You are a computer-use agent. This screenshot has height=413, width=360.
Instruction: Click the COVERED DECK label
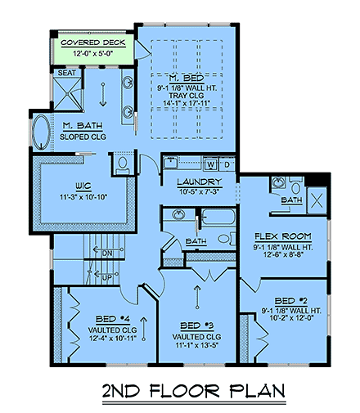(93, 43)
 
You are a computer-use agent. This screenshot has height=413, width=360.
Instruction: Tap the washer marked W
(210, 164)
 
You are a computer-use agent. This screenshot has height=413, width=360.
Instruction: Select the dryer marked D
(227, 164)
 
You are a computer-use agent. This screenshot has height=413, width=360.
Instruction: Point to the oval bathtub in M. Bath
(41, 132)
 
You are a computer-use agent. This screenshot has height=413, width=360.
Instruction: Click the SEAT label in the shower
(67, 73)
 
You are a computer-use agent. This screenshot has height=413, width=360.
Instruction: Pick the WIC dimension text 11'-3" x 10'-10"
(83, 197)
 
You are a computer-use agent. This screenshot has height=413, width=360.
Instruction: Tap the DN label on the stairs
(107, 254)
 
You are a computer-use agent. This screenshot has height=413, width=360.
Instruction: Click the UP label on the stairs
(107, 277)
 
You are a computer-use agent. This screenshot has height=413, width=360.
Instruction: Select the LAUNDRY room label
(200, 182)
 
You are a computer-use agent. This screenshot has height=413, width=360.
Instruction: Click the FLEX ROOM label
(283, 236)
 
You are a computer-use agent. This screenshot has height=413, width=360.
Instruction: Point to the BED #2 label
(291, 301)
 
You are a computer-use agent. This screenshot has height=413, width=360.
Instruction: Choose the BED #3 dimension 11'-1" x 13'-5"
(197, 345)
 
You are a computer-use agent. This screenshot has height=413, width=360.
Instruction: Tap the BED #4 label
(112, 319)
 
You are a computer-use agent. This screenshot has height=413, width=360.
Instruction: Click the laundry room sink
(171, 163)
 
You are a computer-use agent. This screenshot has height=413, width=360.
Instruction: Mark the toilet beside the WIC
(123, 165)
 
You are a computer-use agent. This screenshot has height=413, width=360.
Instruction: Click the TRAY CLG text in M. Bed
(187, 96)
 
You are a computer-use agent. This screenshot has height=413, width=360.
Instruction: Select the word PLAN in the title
(257, 391)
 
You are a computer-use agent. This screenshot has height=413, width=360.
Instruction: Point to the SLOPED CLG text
(83, 137)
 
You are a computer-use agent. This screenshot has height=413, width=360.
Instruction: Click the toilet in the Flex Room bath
(295, 186)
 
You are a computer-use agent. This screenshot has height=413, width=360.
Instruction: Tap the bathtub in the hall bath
(218, 218)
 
